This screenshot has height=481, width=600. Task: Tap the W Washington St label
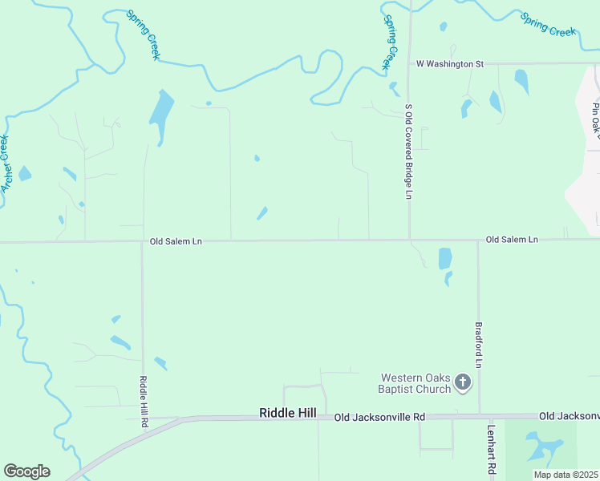click(450, 63)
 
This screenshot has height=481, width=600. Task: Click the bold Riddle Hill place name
click(288, 413)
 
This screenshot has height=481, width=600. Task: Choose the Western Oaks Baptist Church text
click(415, 383)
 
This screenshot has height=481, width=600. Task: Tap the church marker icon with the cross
click(462, 382)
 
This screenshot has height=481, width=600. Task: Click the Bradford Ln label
click(478, 346)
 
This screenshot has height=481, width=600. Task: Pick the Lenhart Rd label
click(491, 448)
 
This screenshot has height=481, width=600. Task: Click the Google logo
click(26, 471)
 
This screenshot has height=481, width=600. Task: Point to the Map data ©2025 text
click(566, 475)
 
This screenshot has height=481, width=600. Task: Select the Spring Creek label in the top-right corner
click(549, 24)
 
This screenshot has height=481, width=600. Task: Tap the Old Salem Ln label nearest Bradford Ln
click(512, 240)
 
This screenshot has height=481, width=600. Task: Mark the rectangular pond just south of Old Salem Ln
click(445, 258)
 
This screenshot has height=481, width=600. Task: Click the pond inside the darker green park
click(539, 447)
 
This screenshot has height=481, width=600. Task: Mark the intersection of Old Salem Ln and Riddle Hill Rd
click(142, 240)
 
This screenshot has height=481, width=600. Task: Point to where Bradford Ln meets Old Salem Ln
click(478, 240)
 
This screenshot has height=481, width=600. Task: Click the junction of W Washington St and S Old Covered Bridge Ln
click(410, 63)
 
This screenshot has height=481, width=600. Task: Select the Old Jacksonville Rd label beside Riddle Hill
click(380, 417)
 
